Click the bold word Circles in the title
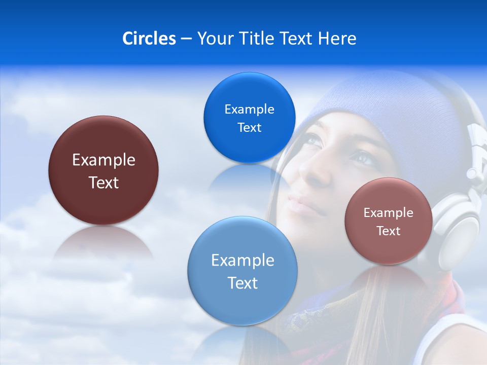149,39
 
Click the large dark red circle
103,170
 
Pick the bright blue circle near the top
249,118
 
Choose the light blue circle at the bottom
242,271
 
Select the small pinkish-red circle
389,221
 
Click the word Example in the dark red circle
103,160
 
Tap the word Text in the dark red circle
103,182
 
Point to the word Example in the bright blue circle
249,109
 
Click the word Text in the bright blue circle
249,127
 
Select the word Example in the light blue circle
242,260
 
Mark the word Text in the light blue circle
242,283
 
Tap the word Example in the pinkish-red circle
389,212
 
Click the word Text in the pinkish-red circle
389,231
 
